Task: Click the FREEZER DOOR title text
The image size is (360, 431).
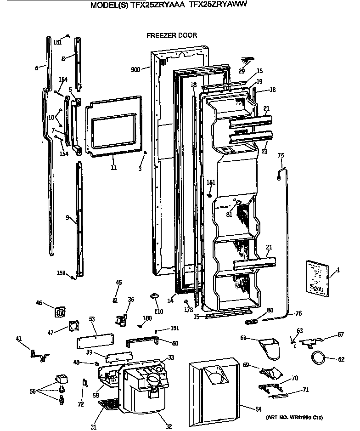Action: coord(171,35)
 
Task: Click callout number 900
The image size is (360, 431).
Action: coord(135,70)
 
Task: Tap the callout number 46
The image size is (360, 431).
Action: coord(39,303)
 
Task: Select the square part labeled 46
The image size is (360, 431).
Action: coord(60,312)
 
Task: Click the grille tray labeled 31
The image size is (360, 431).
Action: coord(109,405)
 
